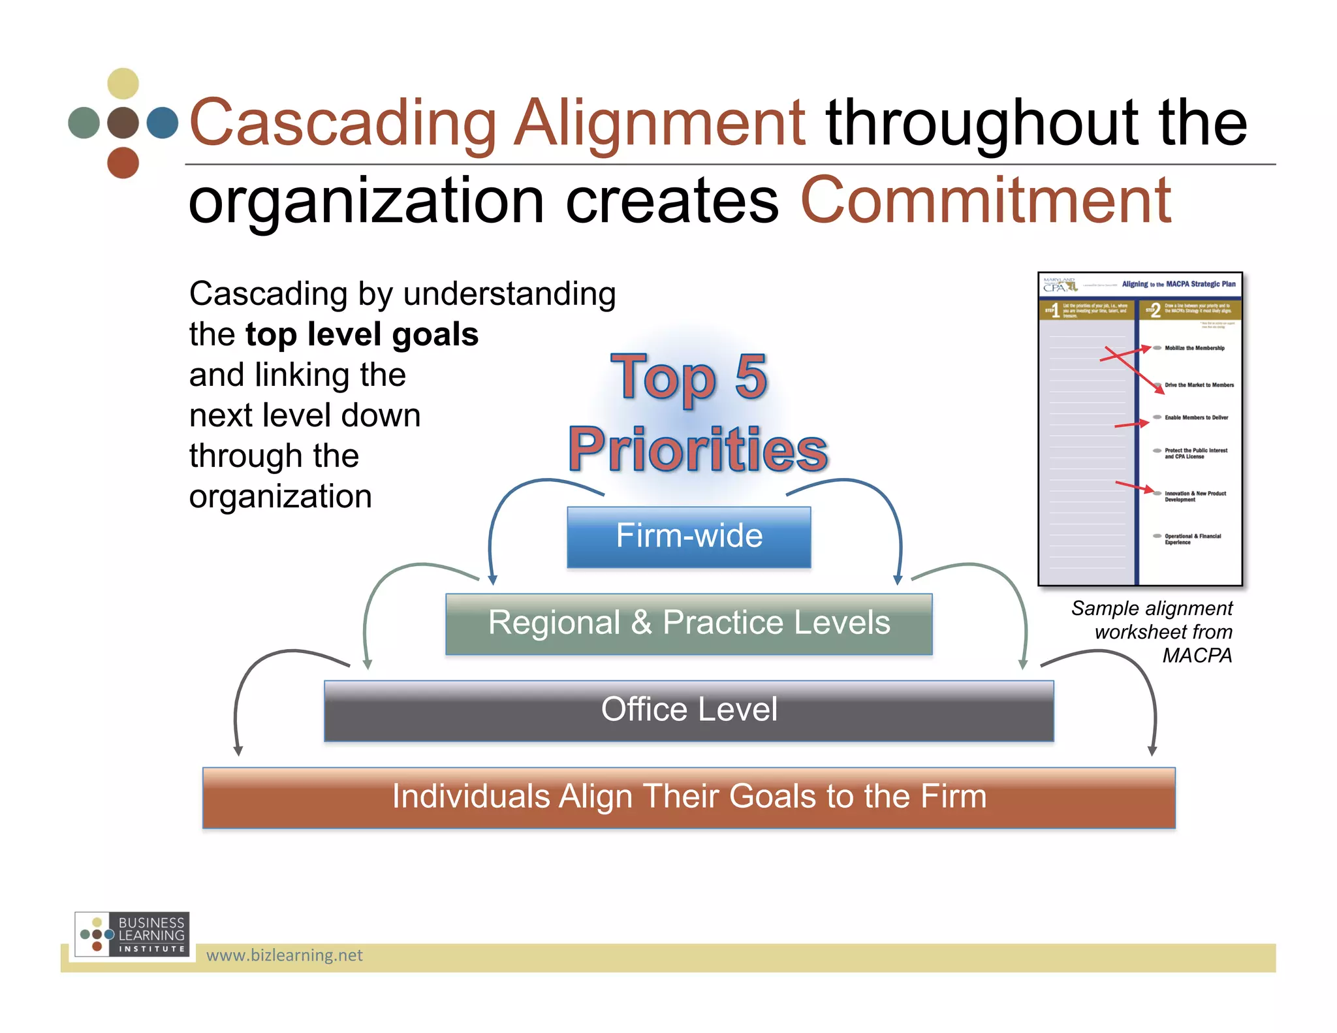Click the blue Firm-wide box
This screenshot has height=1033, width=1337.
689,537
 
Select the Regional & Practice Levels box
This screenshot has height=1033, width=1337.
689,623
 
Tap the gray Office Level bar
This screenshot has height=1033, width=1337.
689,710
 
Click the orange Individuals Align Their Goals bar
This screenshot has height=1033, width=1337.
689,797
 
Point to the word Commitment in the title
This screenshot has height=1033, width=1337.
985,201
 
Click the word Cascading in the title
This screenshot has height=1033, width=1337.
343,123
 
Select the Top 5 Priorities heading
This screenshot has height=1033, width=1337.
697,413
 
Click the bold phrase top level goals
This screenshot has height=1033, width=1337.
362,334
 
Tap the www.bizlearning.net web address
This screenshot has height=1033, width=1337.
284,955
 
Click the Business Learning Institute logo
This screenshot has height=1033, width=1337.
133,934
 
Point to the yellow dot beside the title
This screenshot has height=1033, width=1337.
123,84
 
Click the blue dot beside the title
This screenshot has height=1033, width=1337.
163,123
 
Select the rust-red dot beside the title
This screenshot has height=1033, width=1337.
123,163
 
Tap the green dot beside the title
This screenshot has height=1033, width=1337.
84,123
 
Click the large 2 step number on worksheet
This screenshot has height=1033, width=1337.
1156,310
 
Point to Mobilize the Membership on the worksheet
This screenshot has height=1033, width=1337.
1194,348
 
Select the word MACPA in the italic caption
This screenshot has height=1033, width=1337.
1197,655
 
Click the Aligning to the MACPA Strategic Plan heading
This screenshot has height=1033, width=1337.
1178,284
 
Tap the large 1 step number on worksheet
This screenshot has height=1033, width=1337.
1056,310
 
